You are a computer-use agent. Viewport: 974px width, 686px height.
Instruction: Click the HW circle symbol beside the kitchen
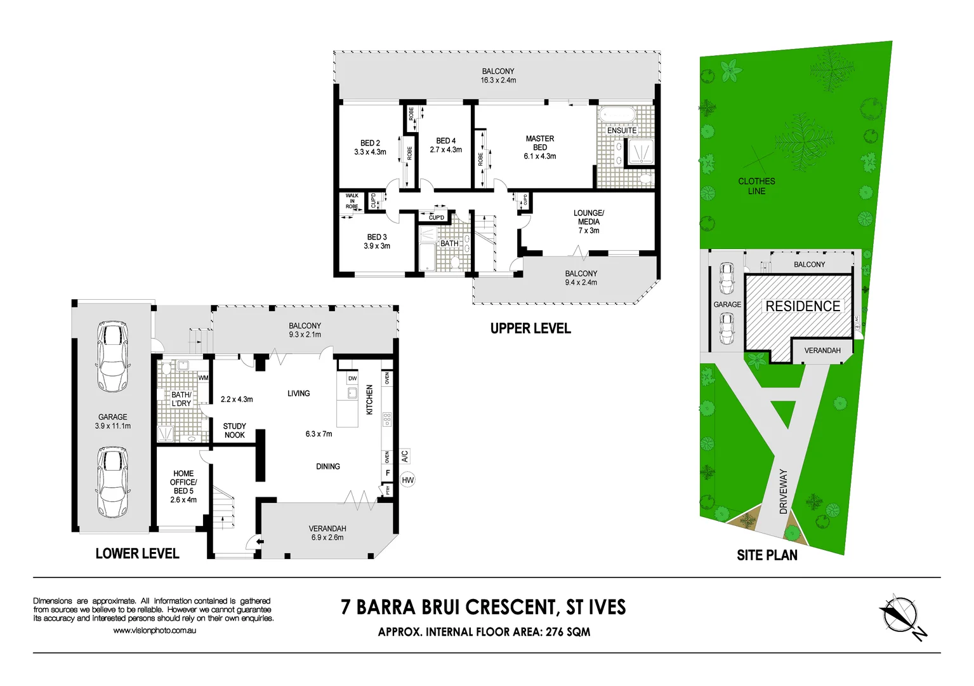click(407, 480)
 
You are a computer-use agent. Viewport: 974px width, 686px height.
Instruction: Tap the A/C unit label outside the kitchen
click(405, 456)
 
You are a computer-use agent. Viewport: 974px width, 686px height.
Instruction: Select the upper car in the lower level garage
click(112, 356)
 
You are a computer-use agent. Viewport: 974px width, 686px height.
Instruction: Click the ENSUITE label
click(621, 130)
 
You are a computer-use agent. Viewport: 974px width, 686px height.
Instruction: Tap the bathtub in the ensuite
click(617, 116)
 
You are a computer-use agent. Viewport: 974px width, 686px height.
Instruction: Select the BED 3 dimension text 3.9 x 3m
click(377, 246)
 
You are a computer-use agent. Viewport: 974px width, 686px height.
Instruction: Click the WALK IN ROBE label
click(352, 201)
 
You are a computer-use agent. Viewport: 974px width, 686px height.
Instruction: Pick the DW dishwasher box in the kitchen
click(352, 379)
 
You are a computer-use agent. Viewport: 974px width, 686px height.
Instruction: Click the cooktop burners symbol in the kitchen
click(387, 419)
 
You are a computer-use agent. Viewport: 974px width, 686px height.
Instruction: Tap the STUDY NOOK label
click(234, 431)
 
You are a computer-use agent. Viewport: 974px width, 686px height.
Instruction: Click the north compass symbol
click(900, 615)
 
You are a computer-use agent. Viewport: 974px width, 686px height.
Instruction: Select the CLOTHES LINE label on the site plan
click(756, 186)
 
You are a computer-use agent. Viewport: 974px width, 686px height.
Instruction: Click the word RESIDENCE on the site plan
click(803, 306)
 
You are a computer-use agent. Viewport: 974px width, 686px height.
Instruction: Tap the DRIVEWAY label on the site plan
click(783, 491)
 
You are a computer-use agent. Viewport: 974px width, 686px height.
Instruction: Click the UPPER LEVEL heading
click(530, 328)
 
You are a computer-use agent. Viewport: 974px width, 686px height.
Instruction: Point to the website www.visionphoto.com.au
click(154, 631)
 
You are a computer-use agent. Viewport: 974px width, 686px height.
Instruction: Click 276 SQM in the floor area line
click(568, 632)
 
